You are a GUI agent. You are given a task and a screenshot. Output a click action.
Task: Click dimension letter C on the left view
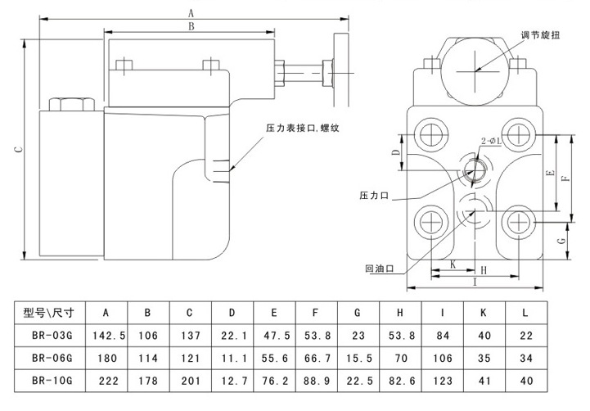click(x=16, y=150)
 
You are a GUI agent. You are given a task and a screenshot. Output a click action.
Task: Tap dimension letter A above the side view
click(x=191, y=11)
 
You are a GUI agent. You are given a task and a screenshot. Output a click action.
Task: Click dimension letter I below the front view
click(x=475, y=282)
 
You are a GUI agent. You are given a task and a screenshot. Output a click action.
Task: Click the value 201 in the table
click(x=190, y=382)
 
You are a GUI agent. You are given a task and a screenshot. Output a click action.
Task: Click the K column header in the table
click(x=484, y=312)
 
